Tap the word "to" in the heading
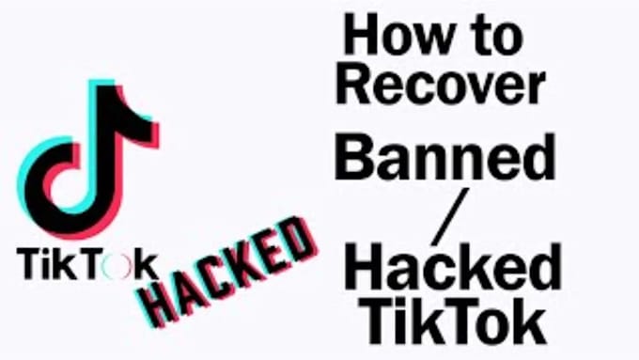493,39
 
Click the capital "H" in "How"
359,37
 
